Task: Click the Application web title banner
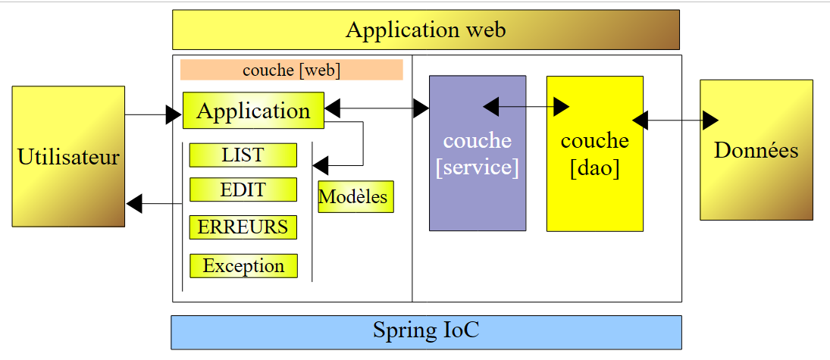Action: [x=425, y=30]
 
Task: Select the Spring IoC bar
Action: [x=426, y=332]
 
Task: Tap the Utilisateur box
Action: [x=68, y=156]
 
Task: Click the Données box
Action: [x=756, y=150]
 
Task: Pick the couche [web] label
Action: [x=291, y=70]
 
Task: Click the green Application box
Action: [x=253, y=111]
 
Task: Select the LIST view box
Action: [x=243, y=155]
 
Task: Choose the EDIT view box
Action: [x=243, y=189]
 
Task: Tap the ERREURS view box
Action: [x=243, y=227]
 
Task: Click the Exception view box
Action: [x=243, y=266]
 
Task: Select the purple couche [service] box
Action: [x=478, y=153]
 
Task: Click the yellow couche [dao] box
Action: [x=594, y=153]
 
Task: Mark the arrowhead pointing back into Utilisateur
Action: [x=134, y=203]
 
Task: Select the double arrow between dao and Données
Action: [x=675, y=120]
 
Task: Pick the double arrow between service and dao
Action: [x=526, y=107]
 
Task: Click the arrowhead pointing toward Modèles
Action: [x=321, y=164]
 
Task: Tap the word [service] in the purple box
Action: [x=478, y=167]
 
